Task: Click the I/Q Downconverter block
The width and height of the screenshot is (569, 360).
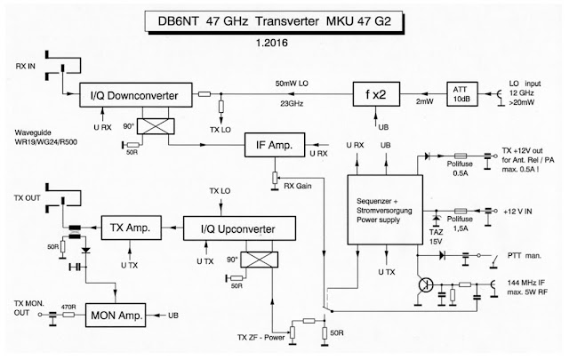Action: pyautogui.click(x=143, y=93)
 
